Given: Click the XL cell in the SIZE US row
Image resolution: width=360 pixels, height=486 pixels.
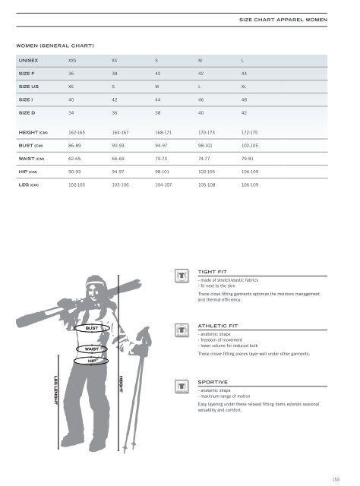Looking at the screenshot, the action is pyautogui.click(x=245, y=88).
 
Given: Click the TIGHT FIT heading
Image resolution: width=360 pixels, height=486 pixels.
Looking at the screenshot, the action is pyautogui.click(x=212, y=270).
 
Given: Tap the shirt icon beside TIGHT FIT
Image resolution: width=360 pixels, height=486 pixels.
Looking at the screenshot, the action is pyautogui.click(x=181, y=276).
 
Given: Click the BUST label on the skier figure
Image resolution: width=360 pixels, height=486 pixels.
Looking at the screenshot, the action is pyautogui.click(x=92, y=328).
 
